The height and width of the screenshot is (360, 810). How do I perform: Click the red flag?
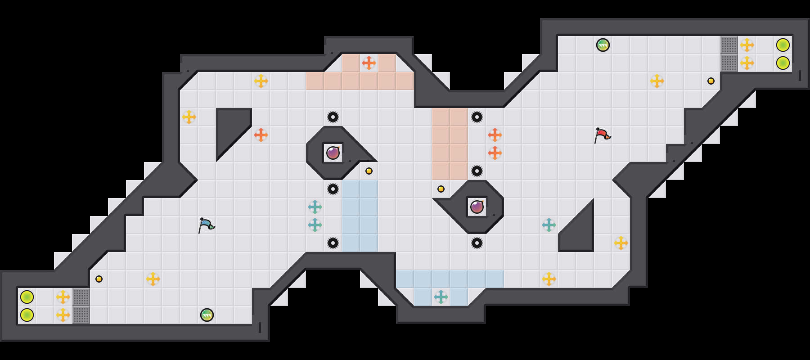point(602,135)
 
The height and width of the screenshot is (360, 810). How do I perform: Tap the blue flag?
point(206,225)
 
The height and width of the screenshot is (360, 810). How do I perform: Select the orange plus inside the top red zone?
point(369,63)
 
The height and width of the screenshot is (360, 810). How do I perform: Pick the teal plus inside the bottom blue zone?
point(441,297)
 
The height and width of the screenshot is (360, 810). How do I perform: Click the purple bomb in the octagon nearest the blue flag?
point(333,153)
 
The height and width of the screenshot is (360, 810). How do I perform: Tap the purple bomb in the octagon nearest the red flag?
point(477,207)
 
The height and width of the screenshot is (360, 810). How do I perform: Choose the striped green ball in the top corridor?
point(603,45)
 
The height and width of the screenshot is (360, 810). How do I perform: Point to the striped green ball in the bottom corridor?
point(207,315)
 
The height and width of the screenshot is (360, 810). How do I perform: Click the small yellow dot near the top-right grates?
point(711,81)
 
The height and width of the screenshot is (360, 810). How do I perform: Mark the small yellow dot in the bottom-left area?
point(99,279)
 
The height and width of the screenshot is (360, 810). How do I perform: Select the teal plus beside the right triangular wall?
point(549,225)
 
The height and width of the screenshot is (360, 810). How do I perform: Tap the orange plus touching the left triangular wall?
point(261,135)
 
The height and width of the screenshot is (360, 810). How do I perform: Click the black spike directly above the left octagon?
point(333,117)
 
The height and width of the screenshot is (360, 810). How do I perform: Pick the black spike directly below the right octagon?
point(477,243)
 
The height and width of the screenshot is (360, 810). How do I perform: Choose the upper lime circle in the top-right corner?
point(783,45)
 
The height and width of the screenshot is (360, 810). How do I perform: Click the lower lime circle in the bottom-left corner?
point(27,315)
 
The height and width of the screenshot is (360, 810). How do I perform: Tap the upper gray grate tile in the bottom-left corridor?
point(81,297)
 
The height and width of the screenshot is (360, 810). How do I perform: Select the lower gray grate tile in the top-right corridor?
point(729,63)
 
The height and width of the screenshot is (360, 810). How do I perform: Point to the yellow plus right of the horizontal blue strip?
point(549,279)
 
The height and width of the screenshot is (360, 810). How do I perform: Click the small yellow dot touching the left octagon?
point(369,171)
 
